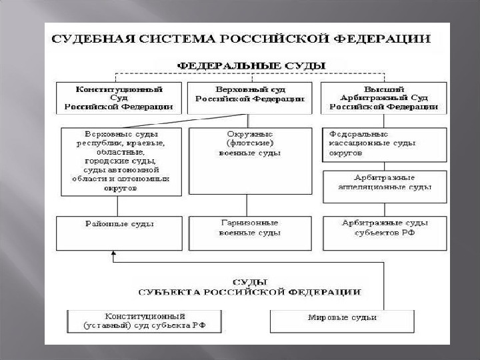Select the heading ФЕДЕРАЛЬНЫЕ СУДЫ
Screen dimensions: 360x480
250,65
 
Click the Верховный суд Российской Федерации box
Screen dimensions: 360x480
249,97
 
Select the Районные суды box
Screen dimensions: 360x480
119,231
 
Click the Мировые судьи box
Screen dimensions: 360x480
341,321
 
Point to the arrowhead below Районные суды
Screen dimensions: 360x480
114,253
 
